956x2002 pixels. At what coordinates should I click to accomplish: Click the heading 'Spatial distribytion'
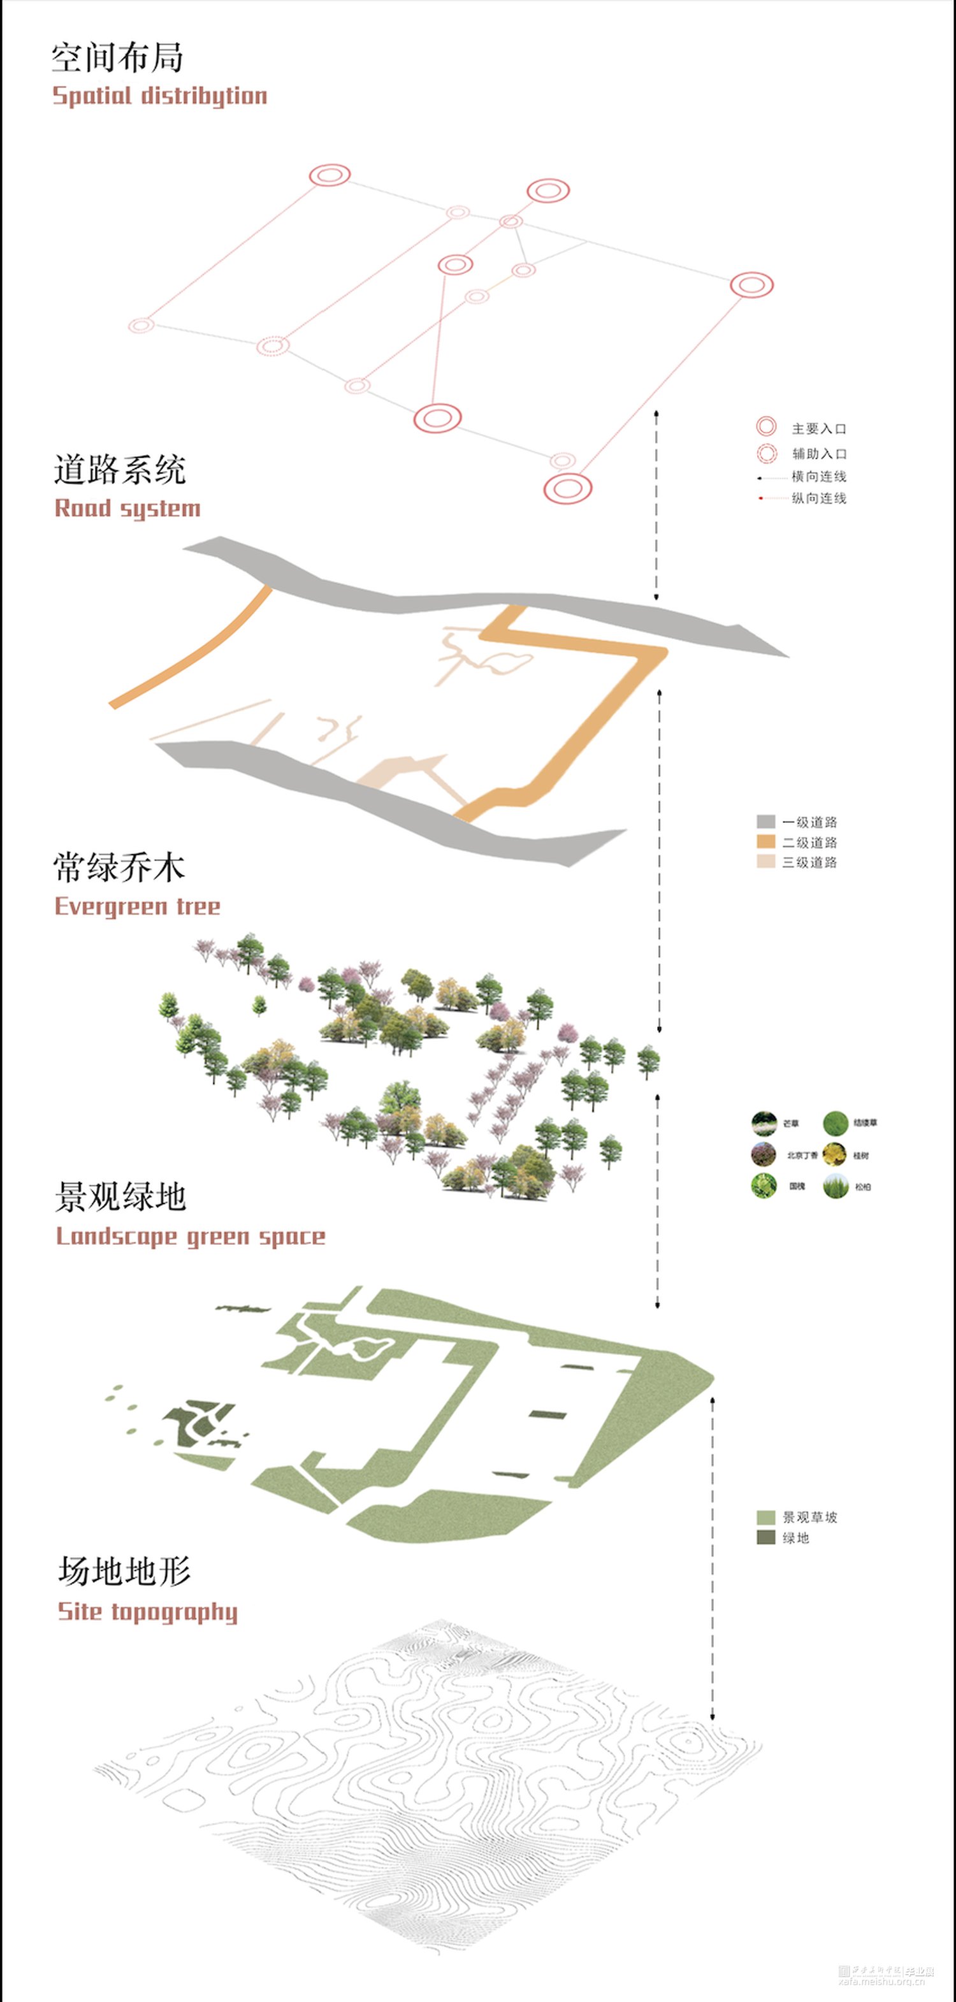[159, 96]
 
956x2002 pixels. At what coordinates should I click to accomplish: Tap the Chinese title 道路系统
[120, 470]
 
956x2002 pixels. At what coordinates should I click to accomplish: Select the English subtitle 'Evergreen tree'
[138, 906]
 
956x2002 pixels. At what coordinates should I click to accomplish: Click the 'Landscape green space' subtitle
[191, 1236]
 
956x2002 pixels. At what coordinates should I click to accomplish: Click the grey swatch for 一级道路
[765, 822]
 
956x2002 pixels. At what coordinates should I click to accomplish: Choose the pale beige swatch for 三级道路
[765, 861]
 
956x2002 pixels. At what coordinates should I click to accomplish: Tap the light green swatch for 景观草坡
[765, 1517]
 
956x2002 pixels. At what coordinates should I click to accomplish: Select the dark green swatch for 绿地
[765, 1537]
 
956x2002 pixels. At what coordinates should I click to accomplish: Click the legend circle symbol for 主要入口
[766, 426]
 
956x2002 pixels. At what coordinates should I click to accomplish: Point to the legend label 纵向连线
[818, 498]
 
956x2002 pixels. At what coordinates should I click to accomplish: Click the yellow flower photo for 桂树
[835, 1154]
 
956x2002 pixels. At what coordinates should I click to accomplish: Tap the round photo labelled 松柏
[836, 1186]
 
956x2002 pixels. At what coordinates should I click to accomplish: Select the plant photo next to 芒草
[764, 1123]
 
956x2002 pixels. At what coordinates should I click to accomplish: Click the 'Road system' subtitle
[127, 508]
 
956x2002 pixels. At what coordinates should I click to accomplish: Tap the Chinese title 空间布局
[117, 57]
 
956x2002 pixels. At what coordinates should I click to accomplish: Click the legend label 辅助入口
[819, 453]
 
